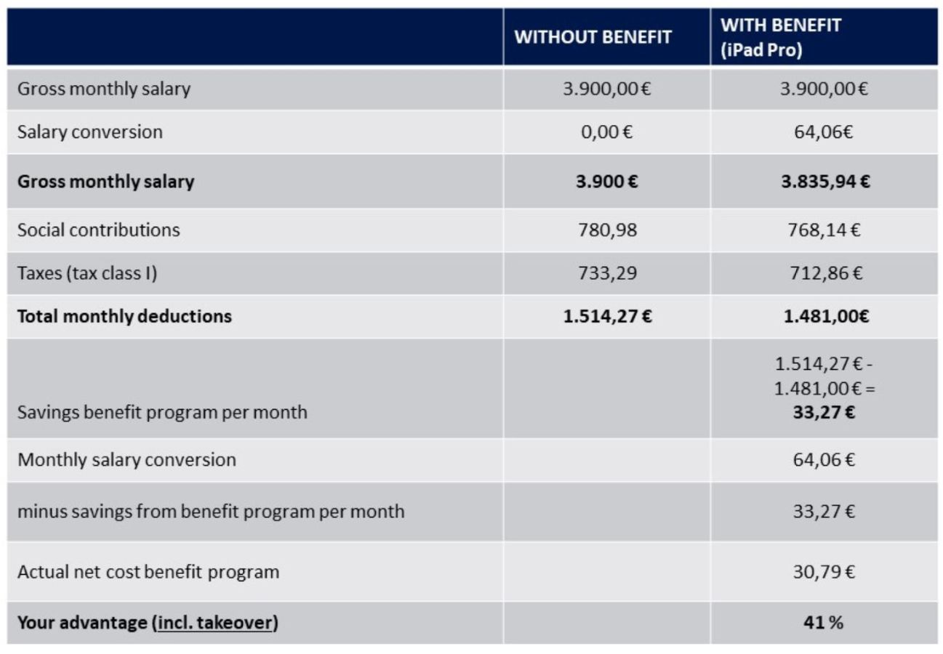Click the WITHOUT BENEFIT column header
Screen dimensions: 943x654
point(593,37)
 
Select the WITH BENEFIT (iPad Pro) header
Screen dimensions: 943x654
point(781,38)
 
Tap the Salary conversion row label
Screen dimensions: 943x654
point(90,132)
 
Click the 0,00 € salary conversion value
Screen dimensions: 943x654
point(606,132)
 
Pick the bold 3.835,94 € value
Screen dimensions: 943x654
point(825,182)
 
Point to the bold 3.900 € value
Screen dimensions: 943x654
point(607,182)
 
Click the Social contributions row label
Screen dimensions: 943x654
point(98,230)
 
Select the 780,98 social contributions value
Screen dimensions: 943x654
point(608,230)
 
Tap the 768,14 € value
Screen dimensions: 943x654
point(824,230)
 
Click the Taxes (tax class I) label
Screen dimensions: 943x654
point(87,273)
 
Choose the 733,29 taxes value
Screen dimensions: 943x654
point(608,273)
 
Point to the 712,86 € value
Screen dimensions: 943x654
point(826,273)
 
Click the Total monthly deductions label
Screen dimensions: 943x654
point(124,316)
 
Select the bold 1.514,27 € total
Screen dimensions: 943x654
point(608,316)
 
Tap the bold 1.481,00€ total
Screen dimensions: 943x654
point(827,316)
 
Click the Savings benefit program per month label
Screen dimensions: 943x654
point(163,413)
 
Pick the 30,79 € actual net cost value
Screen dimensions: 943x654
point(824,571)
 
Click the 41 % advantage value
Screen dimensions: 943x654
point(824,623)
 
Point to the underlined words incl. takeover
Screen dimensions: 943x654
point(215,623)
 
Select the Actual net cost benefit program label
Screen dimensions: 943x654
point(148,572)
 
